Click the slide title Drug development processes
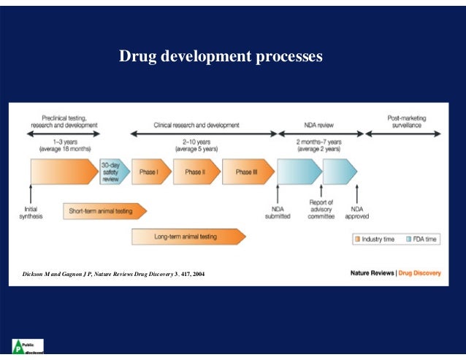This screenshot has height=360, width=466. [221, 56]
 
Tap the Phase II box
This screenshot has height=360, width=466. [194, 172]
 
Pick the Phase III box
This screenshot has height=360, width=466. [245, 172]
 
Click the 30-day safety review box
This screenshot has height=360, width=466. [111, 172]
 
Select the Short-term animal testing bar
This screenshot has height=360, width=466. [103, 211]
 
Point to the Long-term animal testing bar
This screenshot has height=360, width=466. [187, 236]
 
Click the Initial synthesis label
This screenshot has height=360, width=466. [31, 212]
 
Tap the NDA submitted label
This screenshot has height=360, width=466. [277, 212]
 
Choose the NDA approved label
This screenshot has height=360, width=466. [357, 212]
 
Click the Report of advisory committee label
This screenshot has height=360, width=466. [321, 209]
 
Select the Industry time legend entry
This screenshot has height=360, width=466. [375, 239]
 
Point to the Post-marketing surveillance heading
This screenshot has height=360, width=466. [407, 121]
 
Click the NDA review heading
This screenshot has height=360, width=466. [320, 125]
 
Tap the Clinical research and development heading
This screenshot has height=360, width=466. [196, 125]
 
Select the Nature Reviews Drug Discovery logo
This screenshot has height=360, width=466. [395, 273]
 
